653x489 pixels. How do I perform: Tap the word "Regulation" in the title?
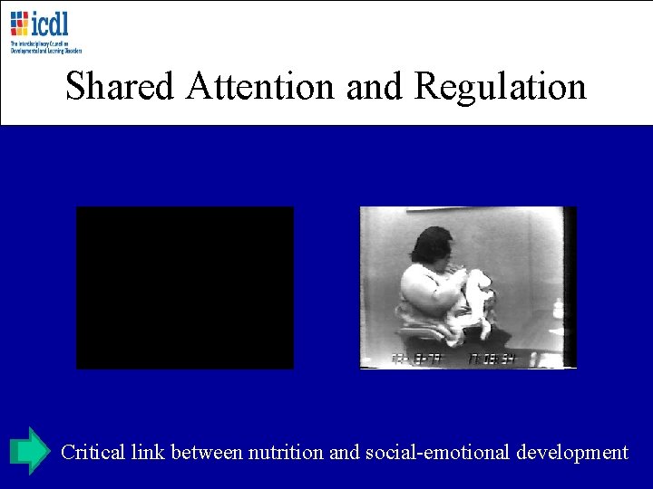point(501,87)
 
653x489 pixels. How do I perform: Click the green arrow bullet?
point(30,450)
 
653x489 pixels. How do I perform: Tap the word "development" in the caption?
point(572,452)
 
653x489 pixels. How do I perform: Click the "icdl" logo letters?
point(51,23)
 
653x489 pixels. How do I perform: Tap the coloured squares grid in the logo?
point(20,24)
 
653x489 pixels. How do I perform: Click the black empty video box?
point(185,287)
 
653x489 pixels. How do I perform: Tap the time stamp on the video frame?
point(491,359)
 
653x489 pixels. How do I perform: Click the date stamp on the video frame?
point(413,359)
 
